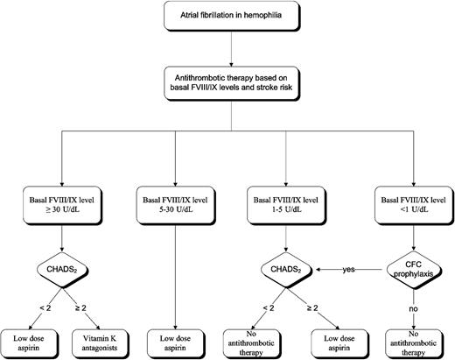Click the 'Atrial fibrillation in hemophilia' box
pyautogui.click(x=229, y=15)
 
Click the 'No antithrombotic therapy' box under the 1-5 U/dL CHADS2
pyautogui.click(x=262, y=339)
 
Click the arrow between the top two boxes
pyautogui.click(x=229, y=46)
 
